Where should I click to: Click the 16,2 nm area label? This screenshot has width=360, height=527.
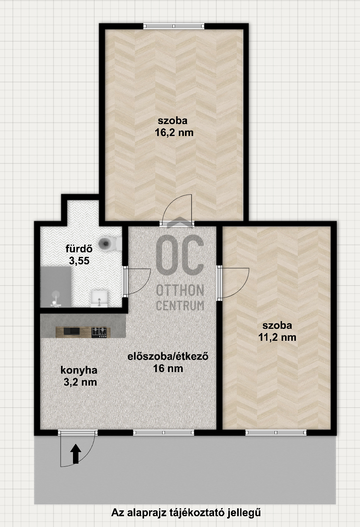click(x=174, y=133)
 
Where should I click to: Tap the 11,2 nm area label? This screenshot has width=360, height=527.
click(x=277, y=337)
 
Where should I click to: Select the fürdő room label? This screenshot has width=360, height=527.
click(x=79, y=248)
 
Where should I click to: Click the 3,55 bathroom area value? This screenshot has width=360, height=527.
click(x=79, y=261)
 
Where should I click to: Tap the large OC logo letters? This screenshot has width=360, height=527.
click(x=180, y=255)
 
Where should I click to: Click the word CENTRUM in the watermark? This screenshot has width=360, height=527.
click(x=180, y=306)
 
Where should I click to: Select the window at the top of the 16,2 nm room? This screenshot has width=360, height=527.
click(x=174, y=26)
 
